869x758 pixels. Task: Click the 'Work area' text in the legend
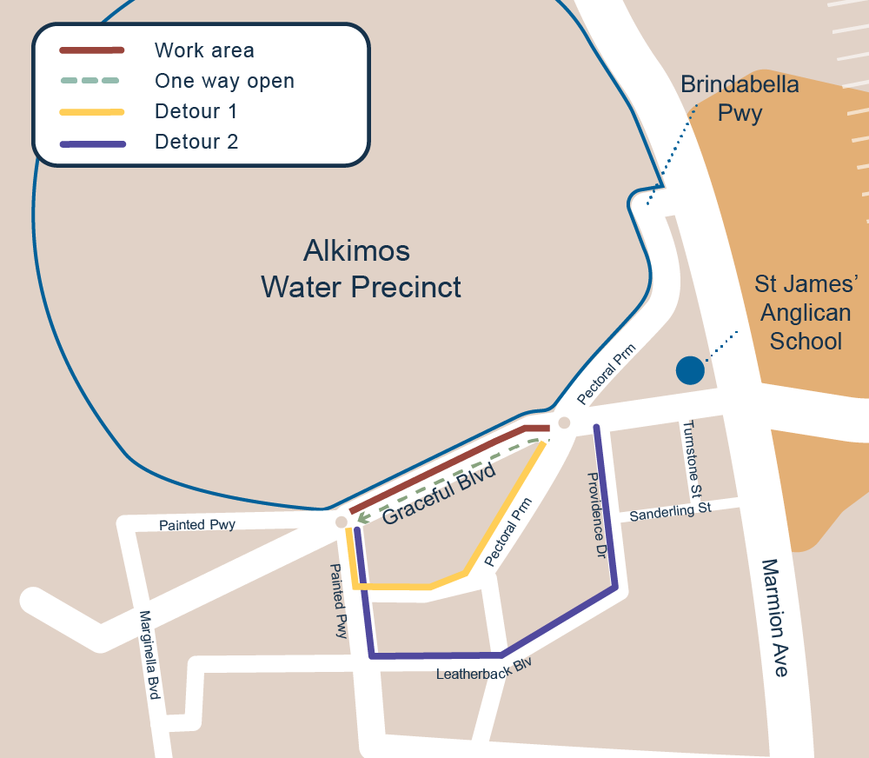click(x=204, y=50)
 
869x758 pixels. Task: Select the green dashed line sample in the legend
click(x=90, y=81)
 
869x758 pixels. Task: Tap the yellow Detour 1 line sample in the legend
click(x=91, y=111)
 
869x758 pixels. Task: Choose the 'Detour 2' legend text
click(x=196, y=142)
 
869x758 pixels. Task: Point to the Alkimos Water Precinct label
click(x=361, y=269)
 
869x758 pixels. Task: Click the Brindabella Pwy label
click(x=740, y=99)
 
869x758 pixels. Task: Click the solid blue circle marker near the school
click(x=690, y=370)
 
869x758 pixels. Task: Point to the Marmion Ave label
click(x=776, y=618)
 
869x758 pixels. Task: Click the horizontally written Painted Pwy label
click(x=197, y=525)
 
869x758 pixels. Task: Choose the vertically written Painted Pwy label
click(x=338, y=601)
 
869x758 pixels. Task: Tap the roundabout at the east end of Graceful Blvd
click(x=564, y=423)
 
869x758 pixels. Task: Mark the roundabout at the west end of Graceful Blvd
click(x=342, y=522)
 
